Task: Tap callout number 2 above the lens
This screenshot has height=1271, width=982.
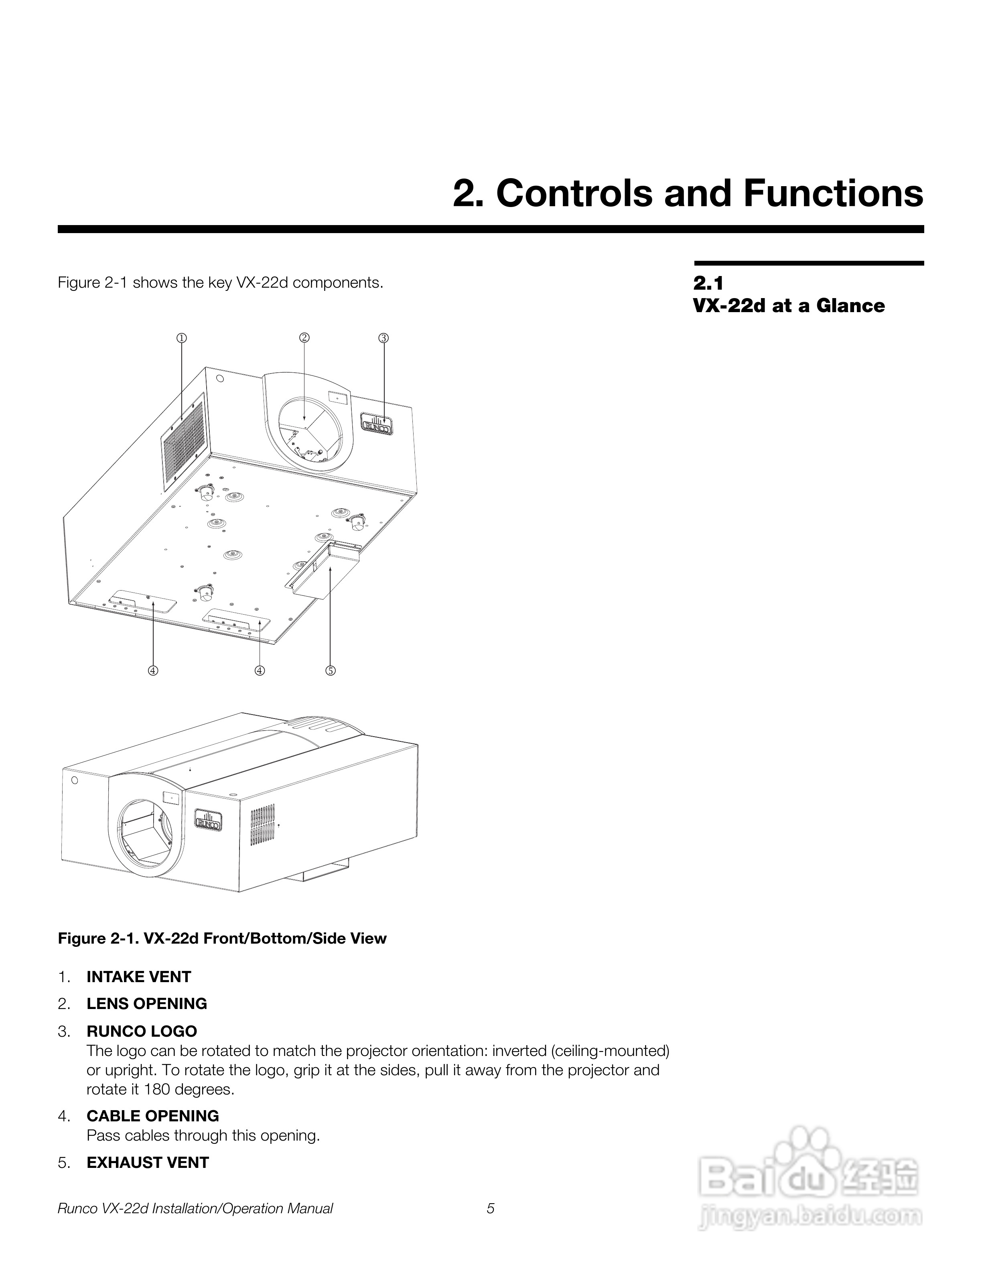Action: pos(304,337)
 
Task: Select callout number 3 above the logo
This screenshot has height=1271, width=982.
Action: pos(383,337)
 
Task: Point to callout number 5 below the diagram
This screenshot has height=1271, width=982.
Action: pos(331,670)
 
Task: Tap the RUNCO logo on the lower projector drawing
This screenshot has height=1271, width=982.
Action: pos(208,819)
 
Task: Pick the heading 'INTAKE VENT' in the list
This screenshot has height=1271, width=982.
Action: pos(138,977)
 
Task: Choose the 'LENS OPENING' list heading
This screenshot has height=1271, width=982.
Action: pos(146,1004)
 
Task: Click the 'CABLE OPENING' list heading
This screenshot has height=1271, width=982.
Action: pos(152,1116)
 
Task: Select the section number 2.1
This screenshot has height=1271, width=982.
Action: pos(708,283)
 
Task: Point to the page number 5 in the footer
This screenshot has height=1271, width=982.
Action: pos(491,1209)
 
